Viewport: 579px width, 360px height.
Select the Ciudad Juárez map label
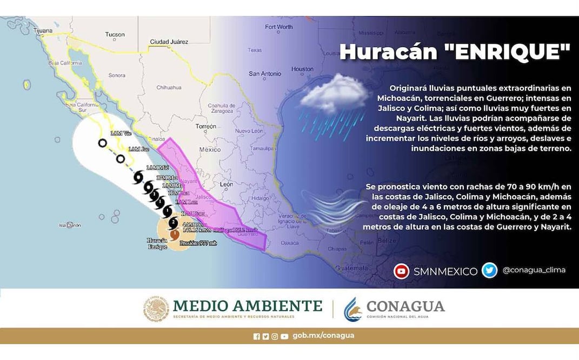point(169,42)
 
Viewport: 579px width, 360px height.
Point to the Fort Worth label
point(278,27)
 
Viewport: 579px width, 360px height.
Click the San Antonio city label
point(264,74)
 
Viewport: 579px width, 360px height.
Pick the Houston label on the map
point(302,69)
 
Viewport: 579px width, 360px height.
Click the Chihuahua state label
point(169,87)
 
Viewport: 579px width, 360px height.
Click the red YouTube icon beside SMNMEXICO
point(401,271)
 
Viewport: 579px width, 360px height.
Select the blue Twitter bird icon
point(490,270)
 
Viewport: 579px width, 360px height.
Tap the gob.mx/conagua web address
point(323,336)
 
